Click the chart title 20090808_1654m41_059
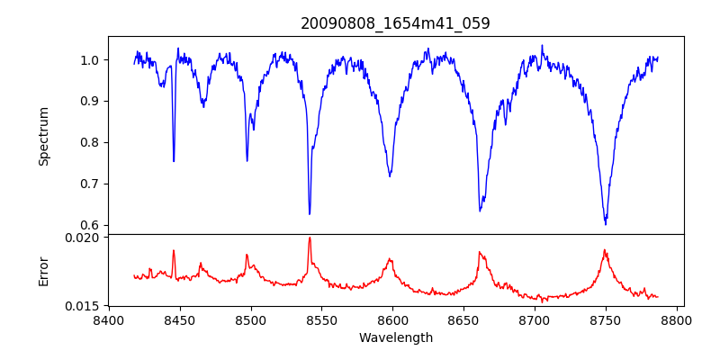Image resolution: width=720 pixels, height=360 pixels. pyautogui.click(x=395, y=23)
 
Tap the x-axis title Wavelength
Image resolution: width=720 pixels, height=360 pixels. pyautogui.click(x=395, y=337)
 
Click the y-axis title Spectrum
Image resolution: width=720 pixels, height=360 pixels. pyautogui.click(x=43, y=136)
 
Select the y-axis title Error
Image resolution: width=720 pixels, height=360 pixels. pyautogui.click(x=43, y=271)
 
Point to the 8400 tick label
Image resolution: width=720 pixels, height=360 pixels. pyautogui.click(x=109, y=319)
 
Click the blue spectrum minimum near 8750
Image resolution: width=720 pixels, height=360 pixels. pyautogui.click(x=606, y=223)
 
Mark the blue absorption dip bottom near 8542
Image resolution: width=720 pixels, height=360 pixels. pyautogui.click(x=310, y=214)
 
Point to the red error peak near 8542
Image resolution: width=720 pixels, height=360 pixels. pyautogui.click(x=310, y=238)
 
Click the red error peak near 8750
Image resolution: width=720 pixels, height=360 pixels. pyautogui.click(x=605, y=250)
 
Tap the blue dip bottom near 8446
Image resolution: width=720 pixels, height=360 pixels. pyautogui.click(x=174, y=161)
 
